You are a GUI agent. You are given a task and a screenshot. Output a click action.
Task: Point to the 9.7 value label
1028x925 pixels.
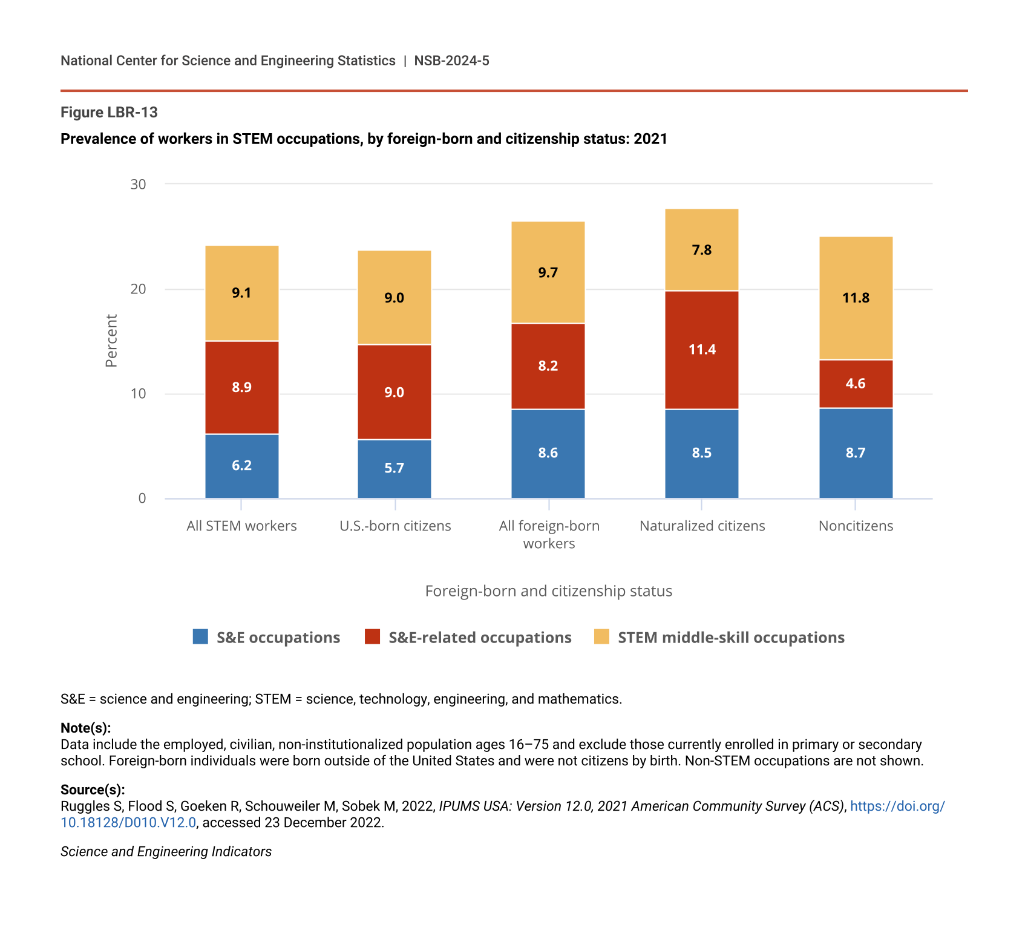[548, 272]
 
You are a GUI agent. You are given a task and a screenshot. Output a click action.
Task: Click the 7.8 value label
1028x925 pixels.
[701, 250]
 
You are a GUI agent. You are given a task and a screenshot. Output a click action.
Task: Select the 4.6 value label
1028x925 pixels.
[856, 384]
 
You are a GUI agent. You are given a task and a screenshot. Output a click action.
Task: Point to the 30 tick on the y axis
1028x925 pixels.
[139, 184]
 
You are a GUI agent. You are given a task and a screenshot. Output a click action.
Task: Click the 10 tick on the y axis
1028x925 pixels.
[139, 394]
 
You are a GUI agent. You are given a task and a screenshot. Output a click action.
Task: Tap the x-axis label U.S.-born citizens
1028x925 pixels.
[395, 526]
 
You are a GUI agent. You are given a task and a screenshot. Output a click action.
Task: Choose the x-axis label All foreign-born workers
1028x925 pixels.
[549, 534]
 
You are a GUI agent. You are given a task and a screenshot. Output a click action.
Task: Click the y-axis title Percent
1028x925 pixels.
[111, 341]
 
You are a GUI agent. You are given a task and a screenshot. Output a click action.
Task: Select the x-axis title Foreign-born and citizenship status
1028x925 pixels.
[548, 591]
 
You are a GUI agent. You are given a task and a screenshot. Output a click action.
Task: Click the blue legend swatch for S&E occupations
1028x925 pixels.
[200, 637]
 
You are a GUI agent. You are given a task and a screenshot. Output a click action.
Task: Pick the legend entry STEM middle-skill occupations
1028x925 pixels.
[730, 638]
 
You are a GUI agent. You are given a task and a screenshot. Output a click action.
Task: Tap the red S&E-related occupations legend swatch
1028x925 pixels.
[372, 637]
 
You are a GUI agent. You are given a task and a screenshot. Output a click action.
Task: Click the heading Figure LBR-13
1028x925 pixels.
[109, 113]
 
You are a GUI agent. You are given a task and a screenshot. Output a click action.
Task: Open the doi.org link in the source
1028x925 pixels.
[897, 806]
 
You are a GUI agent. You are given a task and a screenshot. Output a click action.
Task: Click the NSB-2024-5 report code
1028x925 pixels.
[451, 60]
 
